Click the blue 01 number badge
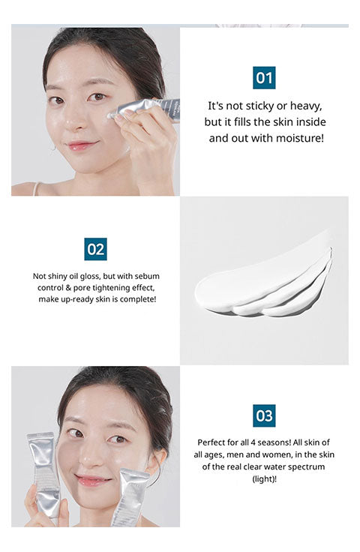tap(264, 78)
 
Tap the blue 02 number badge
tap(95, 249)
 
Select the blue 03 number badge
tap(264, 415)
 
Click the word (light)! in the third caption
tap(264, 478)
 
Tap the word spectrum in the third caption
tap(308, 466)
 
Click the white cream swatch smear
tap(263, 283)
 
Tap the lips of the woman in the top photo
tap(82, 145)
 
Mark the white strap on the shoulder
tap(36, 189)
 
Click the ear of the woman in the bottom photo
tap(160, 461)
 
